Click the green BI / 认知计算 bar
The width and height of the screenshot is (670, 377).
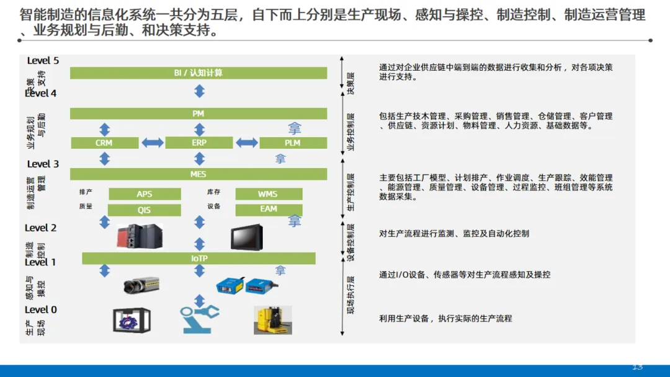(x=199, y=73)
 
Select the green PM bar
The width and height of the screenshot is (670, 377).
(x=199, y=113)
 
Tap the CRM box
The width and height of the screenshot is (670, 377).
(x=104, y=143)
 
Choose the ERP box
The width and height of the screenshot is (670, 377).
(x=199, y=143)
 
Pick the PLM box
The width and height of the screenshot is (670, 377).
(x=292, y=143)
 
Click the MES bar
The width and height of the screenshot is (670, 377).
(x=199, y=174)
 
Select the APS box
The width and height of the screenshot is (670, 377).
(x=145, y=194)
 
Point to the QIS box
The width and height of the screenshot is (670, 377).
(x=145, y=210)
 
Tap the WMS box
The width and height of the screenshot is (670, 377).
(x=268, y=194)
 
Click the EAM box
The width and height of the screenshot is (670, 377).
(x=269, y=210)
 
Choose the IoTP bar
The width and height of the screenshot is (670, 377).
(x=199, y=258)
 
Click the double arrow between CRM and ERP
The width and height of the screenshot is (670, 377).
(x=153, y=143)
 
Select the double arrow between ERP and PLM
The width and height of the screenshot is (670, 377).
(x=246, y=143)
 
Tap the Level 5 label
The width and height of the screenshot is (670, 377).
(x=43, y=61)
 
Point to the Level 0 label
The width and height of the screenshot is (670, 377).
(x=41, y=309)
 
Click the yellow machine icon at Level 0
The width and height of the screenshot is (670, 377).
(x=273, y=321)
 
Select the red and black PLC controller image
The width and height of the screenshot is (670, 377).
(x=140, y=236)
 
